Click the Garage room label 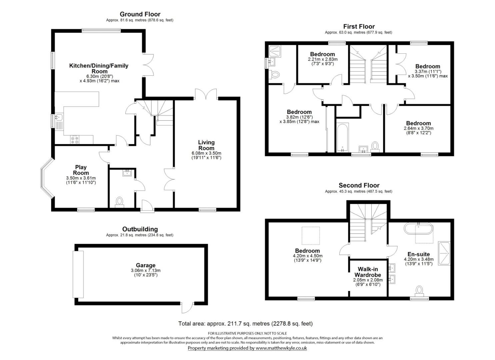pyautogui.click(x=146, y=265)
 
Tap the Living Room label pyautogui.click(x=206, y=145)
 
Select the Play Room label pyautogui.click(x=81, y=170)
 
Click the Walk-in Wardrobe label pyautogui.click(x=368, y=272)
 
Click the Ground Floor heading pyautogui.click(x=140, y=14)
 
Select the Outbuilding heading pyautogui.click(x=140, y=229)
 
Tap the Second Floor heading pyautogui.click(x=359, y=185)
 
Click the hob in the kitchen pyautogui.click(x=75, y=140)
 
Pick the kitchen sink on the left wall pyautogui.click(x=59, y=117)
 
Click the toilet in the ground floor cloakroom pyautogui.click(x=119, y=202)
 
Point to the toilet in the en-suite pyautogui.click(x=419, y=290)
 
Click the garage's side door pyautogui.click(x=187, y=307)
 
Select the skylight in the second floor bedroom pyautogui.click(x=311, y=236)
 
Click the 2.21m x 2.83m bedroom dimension pyautogui.click(x=322, y=59)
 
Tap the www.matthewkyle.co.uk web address pyautogui.click(x=281, y=348)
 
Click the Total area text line pyautogui.click(x=245, y=323)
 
